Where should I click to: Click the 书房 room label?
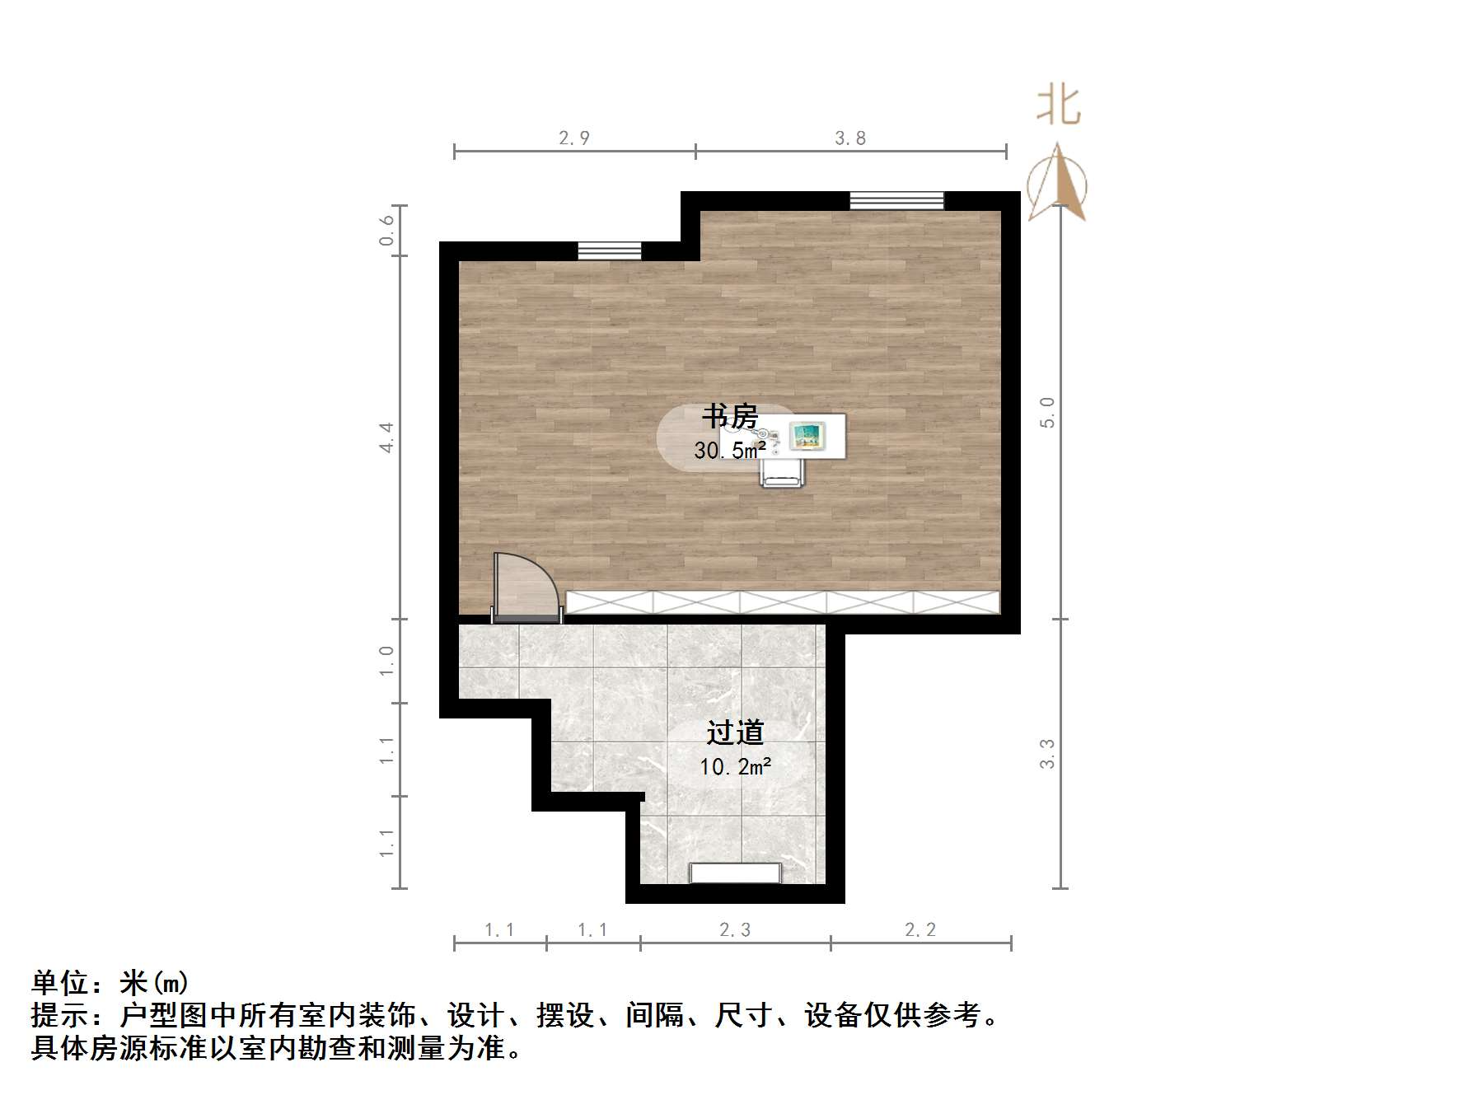(x=730, y=416)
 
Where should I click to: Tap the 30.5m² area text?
(x=730, y=450)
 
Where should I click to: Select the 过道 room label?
(x=735, y=732)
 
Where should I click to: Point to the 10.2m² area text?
(x=735, y=767)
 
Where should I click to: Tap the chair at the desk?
(x=781, y=473)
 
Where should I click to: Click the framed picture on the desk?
(x=807, y=436)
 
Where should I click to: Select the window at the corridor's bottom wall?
(x=735, y=873)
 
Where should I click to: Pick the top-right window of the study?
(x=896, y=200)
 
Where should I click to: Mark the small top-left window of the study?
(x=609, y=250)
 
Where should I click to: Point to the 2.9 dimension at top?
(x=574, y=138)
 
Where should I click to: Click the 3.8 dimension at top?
(x=850, y=138)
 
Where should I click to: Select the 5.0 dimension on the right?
(x=1047, y=412)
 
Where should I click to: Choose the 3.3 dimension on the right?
(x=1047, y=753)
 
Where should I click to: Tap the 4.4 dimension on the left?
(x=386, y=437)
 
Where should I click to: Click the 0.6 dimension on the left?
(x=386, y=231)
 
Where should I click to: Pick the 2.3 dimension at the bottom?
(x=735, y=930)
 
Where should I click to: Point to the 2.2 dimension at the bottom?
(x=920, y=930)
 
